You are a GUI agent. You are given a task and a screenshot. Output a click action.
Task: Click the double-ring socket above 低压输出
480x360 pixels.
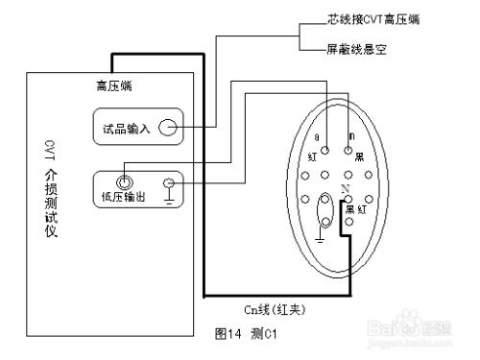point(123,180)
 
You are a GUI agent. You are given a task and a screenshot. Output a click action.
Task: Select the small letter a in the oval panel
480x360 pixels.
point(317,137)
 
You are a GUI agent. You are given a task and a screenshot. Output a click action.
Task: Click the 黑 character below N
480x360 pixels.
point(349,208)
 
